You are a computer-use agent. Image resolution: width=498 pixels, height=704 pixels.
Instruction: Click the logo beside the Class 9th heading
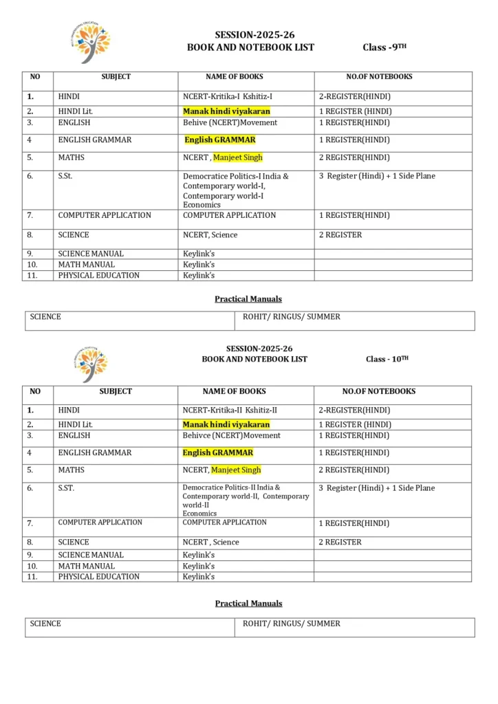coord(91,42)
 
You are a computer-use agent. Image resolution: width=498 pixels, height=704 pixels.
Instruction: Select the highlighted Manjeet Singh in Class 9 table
coord(237,157)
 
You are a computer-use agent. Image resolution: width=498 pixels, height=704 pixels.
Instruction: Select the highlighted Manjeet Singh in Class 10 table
coord(236,470)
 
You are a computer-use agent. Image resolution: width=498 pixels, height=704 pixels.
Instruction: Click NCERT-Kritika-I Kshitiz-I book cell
coord(228,97)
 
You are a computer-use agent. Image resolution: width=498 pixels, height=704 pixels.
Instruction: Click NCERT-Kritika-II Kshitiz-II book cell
coord(230,410)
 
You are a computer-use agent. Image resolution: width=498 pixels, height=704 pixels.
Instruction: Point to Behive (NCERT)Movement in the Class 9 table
coord(230,122)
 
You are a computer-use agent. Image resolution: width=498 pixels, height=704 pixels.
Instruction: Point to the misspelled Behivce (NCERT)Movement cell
coord(231,435)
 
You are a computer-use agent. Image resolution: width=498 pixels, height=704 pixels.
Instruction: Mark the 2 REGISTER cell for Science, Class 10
coord(340,542)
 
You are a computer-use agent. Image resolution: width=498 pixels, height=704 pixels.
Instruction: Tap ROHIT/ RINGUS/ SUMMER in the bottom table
coord(292,624)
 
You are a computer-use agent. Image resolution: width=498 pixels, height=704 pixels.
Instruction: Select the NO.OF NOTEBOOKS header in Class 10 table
coord(379,391)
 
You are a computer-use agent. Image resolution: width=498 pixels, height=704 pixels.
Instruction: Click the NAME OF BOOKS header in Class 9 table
coord(235,77)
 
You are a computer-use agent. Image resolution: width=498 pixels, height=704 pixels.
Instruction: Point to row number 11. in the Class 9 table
coord(32,276)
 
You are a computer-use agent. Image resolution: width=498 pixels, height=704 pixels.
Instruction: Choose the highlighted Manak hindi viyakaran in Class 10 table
coord(226,424)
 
